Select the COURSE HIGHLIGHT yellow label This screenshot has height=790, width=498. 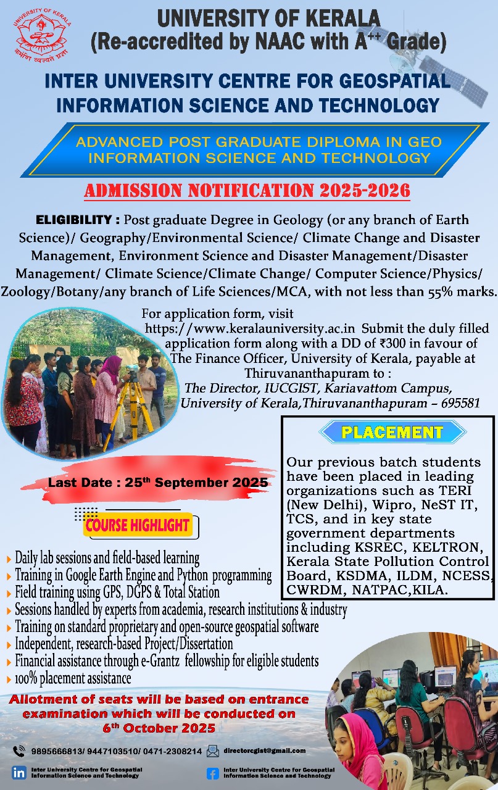click(x=138, y=526)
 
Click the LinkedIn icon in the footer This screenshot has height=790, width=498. click(x=19, y=773)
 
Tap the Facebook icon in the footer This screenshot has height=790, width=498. click(x=213, y=773)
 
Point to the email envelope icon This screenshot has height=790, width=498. click(x=213, y=750)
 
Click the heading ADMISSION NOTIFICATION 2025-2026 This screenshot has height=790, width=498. click(x=247, y=191)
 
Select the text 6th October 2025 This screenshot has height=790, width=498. click(x=159, y=728)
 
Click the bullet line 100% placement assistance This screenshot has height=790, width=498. click(x=73, y=678)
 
